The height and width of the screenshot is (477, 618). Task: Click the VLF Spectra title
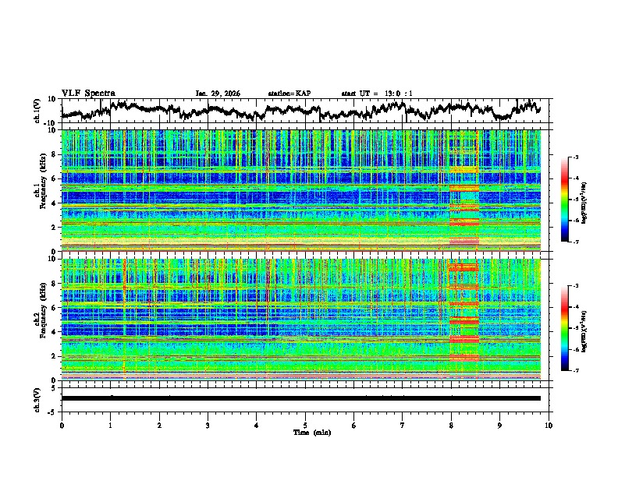88,93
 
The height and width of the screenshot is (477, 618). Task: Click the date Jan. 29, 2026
218,94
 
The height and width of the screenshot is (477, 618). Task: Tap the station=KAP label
289,94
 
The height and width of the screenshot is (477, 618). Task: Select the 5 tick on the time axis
305,425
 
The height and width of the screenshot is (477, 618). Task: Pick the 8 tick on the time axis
451,425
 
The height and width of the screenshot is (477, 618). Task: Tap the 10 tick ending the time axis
549,425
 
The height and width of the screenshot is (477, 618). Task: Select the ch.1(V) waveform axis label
37,110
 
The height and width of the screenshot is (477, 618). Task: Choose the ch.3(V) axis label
37,397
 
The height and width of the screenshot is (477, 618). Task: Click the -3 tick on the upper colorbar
574,157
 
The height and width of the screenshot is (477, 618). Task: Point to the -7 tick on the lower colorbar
574,371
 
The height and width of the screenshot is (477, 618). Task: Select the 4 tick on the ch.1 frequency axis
55,203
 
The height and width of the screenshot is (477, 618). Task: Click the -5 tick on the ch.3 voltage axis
55,410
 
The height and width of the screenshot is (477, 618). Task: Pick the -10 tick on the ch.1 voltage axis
52,122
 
